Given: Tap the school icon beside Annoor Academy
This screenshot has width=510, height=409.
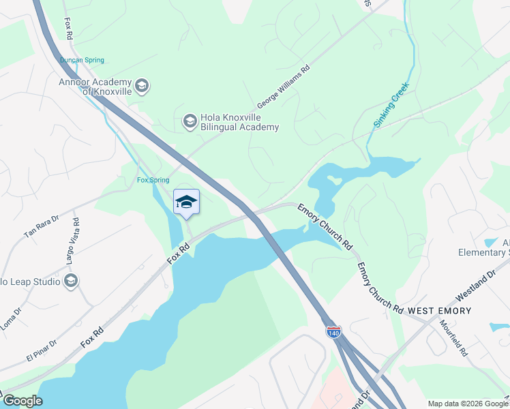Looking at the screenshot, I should click(142, 86).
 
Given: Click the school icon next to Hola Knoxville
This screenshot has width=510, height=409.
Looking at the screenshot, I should click(189, 121).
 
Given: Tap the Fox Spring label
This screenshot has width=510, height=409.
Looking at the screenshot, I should click(153, 180).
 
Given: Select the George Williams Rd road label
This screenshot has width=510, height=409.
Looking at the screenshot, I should click(283, 87).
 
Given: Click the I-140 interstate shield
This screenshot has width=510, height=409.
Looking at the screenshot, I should click(333, 332).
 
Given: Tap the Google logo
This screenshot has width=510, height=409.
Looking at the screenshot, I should click(22, 401).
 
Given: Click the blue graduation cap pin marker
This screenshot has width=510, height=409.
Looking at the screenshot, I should click(186, 202).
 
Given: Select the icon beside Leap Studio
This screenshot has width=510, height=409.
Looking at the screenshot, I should click(70, 280).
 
